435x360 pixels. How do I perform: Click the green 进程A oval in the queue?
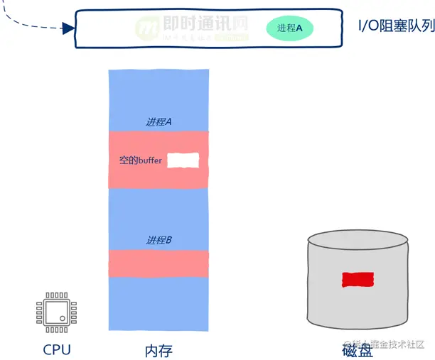(290, 28)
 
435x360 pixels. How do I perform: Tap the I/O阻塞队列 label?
(395, 28)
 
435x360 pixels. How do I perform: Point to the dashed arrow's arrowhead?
(69, 28)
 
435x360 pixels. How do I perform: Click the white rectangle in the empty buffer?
(183, 160)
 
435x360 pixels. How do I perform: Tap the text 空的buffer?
(141, 161)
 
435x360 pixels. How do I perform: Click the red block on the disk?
(358, 279)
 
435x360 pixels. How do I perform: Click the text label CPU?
(57, 349)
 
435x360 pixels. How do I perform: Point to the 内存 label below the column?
(159, 350)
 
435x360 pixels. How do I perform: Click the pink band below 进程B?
(159, 263)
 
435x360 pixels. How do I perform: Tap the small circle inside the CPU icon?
(63, 317)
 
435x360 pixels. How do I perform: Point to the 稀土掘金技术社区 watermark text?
(387, 344)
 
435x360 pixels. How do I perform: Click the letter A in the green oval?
(299, 29)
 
